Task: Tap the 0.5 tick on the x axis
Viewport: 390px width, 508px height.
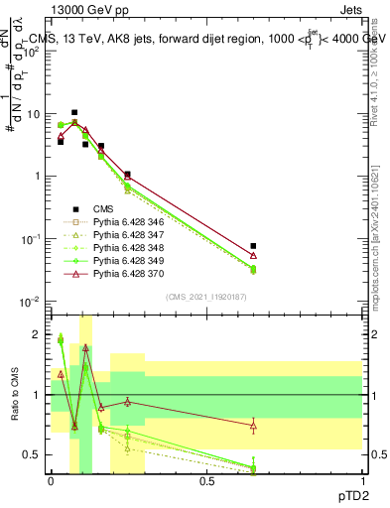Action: pos(206,480)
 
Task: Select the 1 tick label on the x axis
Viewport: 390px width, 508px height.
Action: pos(362,480)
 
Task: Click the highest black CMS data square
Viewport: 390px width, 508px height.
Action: pos(74,113)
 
